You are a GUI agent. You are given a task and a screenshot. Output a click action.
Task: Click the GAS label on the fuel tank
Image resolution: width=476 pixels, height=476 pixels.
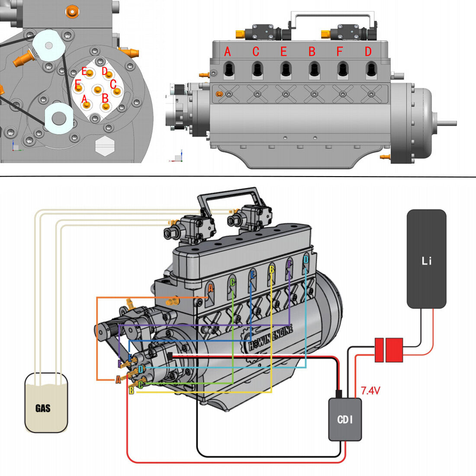click(x=43, y=408)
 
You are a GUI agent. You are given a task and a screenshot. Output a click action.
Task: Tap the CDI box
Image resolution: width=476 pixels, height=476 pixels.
click(x=345, y=419)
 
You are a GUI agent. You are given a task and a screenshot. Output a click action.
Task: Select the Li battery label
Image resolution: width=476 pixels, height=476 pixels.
click(x=426, y=261)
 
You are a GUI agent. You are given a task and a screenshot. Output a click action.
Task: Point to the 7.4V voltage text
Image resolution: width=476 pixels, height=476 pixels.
click(x=370, y=391)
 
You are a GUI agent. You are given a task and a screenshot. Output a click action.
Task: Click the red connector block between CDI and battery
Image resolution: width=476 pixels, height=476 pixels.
click(x=388, y=350)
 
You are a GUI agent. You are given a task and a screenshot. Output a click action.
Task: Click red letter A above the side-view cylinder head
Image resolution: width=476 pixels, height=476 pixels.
click(x=228, y=52)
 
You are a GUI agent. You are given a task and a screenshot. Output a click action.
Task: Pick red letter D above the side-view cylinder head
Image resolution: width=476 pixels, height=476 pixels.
click(x=368, y=52)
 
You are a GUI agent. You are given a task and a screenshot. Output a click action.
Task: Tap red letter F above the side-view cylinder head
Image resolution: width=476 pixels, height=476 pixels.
click(x=340, y=52)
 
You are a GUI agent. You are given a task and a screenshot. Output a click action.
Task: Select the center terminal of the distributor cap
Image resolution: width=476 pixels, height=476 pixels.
click(x=98, y=90)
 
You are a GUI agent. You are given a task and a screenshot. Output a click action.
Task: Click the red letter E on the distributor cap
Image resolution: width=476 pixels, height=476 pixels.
click(x=84, y=71)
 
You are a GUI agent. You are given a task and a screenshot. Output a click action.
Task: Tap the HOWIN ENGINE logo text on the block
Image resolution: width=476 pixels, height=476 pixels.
click(x=270, y=338)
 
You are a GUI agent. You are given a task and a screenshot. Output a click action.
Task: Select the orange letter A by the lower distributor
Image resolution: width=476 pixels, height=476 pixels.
click(x=118, y=380)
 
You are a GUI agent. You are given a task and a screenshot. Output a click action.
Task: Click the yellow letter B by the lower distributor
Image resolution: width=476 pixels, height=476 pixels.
click(x=132, y=390)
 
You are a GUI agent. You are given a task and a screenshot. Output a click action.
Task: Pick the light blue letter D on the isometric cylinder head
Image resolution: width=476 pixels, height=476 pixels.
click(x=306, y=260)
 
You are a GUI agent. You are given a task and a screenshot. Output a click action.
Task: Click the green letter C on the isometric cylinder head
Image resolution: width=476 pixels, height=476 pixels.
click(x=233, y=283)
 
